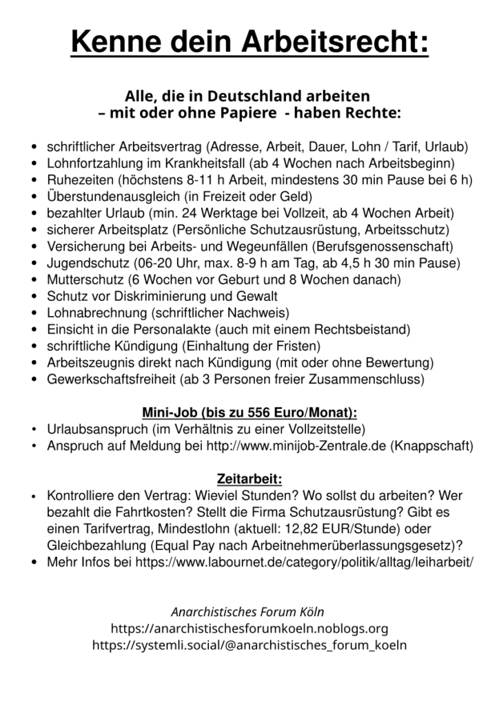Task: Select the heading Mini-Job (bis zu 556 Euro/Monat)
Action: [250, 413]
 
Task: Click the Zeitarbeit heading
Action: [250, 478]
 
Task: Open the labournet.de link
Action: [304, 561]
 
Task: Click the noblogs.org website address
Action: [250, 629]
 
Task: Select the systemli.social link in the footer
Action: [250, 645]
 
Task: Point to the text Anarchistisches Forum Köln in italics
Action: [247, 611]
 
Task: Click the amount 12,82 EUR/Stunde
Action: [356, 528]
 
